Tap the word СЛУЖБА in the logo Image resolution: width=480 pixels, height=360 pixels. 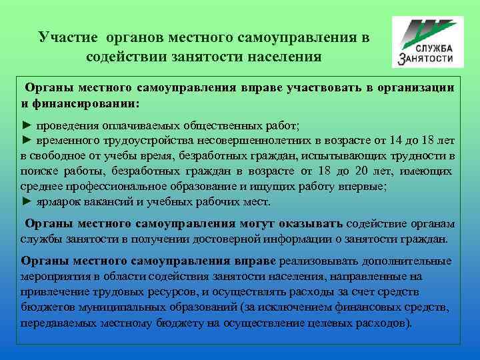click(x=435, y=49)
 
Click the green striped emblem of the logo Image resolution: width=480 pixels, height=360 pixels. click(x=427, y=31)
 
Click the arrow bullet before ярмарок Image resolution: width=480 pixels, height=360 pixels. click(x=27, y=201)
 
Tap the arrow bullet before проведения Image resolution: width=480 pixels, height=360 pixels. click(x=27, y=125)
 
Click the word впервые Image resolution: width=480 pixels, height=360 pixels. click(x=375, y=186)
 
